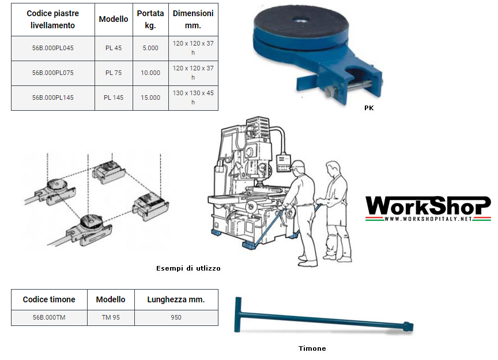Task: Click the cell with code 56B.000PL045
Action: [52, 48]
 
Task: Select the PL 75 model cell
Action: [114, 73]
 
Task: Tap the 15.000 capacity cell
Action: [150, 97]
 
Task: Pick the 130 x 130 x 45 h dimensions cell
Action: [193, 97]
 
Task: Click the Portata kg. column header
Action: [150, 20]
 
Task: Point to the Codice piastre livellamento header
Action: [52, 20]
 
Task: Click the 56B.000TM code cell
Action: [49, 317]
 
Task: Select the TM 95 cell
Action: [111, 317]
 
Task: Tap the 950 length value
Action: [176, 317]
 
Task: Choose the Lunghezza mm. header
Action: [176, 299]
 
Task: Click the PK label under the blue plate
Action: [369, 108]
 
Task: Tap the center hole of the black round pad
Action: [300, 20]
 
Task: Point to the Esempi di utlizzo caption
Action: [188, 268]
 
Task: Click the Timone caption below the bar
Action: [312, 348]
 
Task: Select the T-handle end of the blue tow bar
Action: [238, 314]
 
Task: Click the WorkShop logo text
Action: [428, 205]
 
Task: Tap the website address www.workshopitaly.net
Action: [428, 219]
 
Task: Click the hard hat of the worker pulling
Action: [298, 164]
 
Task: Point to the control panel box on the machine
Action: [284, 163]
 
